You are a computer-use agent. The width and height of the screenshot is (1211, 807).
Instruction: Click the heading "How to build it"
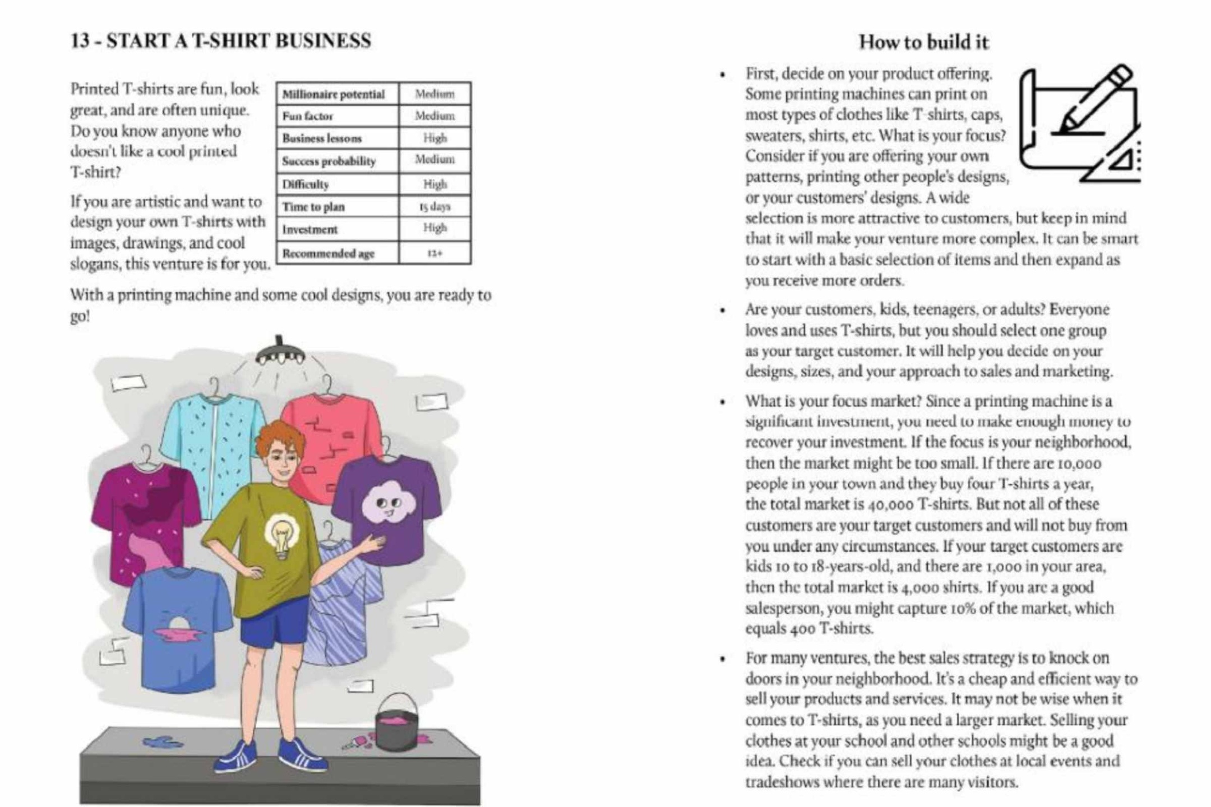point(923,42)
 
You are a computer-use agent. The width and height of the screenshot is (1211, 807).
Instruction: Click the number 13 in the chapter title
point(80,40)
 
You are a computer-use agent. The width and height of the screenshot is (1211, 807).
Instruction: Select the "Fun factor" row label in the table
point(307,116)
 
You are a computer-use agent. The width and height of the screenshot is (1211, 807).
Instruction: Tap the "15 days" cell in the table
point(435,206)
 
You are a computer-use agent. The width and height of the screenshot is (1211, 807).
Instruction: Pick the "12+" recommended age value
point(435,253)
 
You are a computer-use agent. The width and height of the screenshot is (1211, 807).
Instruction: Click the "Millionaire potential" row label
point(334,94)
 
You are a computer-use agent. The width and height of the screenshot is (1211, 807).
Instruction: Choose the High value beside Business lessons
point(435,138)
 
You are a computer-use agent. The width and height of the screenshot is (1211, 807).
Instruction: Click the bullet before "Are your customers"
point(723,310)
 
